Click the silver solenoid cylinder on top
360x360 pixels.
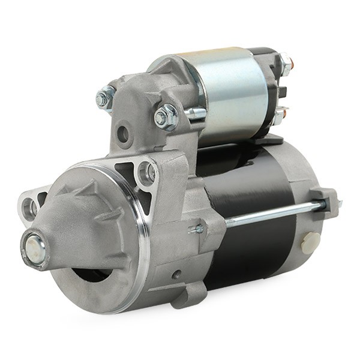click(234, 96)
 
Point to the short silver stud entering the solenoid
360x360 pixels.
click(196, 113)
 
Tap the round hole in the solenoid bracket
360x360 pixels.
click(124, 134)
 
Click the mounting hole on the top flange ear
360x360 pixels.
click(146, 173)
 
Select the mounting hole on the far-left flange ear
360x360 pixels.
click(29, 208)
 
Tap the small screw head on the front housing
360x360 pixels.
click(197, 229)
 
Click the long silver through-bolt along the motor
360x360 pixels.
click(270, 214)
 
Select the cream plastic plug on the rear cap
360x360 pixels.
click(311, 241)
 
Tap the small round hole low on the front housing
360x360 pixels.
click(176, 275)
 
